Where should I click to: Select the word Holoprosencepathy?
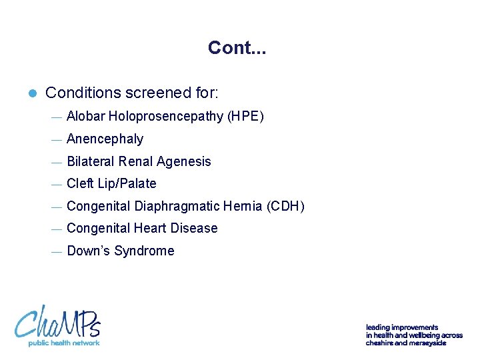tap(166, 117)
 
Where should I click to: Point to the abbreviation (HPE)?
tap(246, 117)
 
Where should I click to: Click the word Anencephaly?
tap(105, 139)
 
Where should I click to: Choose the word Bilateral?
tap(91, 161)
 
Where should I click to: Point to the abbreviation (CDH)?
tap(285, 206)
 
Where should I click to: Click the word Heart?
tap(151, 228)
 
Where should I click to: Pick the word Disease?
tap(194, 228)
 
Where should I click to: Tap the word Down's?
tap(89, 251)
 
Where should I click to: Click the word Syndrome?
tap(144, 251)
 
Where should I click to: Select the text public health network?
tap(63, 343)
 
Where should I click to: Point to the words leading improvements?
tap(401, 327)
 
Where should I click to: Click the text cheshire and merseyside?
tap(405, 343)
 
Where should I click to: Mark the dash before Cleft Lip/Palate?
tap(56, 185)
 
